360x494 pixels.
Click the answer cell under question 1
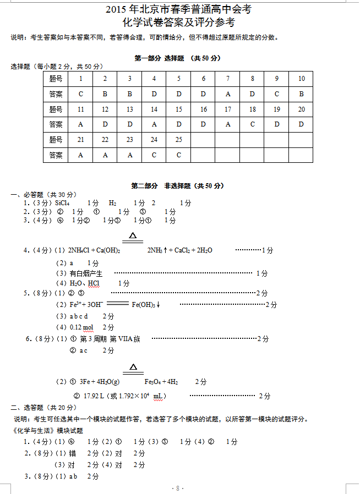coord(81,94)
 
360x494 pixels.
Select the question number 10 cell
coord(301,79)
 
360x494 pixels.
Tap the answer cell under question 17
coord(228,124)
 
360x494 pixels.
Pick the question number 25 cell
coord(178,140)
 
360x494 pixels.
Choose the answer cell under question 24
coord(154,155)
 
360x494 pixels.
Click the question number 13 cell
coord(130,109)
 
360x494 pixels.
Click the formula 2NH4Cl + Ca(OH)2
coord(94,250)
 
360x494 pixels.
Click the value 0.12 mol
coord(81,328)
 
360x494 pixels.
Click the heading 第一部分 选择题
coord(154,58)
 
